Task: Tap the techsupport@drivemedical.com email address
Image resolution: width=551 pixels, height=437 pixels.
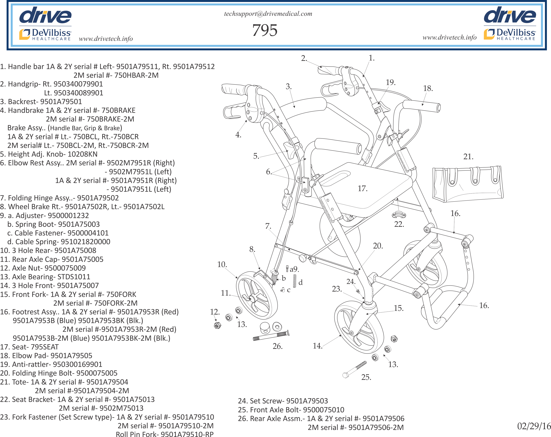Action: tap(268, 14)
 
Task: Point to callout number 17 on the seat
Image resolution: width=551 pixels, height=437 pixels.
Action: tap(362, 189)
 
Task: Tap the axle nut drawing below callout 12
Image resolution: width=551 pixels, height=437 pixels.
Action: tap(217, 325)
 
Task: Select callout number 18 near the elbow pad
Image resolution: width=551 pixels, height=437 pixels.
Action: tap(428, 88)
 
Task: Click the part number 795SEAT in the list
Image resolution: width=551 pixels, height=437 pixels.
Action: tap(44, 347)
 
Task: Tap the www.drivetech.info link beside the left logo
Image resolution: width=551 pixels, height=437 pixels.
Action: tap(106, 39)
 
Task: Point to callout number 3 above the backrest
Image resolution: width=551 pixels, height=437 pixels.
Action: tap(288, 86)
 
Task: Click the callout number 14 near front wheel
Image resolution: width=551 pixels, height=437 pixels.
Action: tap(317, 346)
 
